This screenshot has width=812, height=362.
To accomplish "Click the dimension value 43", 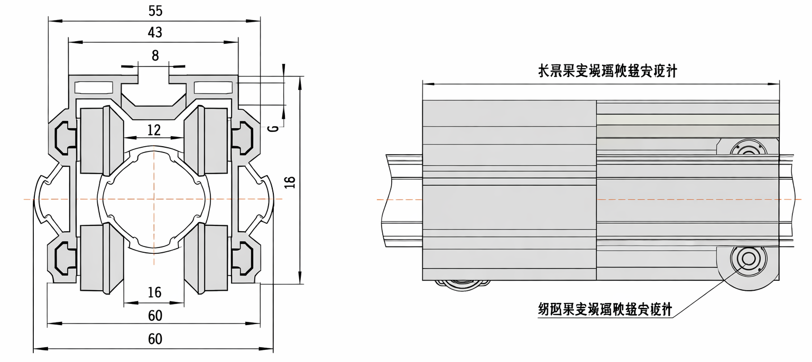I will (x=154, y=33).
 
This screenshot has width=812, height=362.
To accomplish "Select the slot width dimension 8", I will (x=154, y=55).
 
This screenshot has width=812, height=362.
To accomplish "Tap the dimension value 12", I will (x=154, y=129).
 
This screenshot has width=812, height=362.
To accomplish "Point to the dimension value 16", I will (x=154, y=292).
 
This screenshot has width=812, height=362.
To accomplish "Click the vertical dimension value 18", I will (x=290, y=182).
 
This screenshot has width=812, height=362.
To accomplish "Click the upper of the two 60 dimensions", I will (x=154, y=316).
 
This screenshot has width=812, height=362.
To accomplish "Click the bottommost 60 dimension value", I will (x=154, y=339).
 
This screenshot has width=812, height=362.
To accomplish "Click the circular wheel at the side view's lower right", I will (x=748, y=260).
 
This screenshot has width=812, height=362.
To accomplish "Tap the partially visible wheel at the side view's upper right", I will (x=748, y=148).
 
